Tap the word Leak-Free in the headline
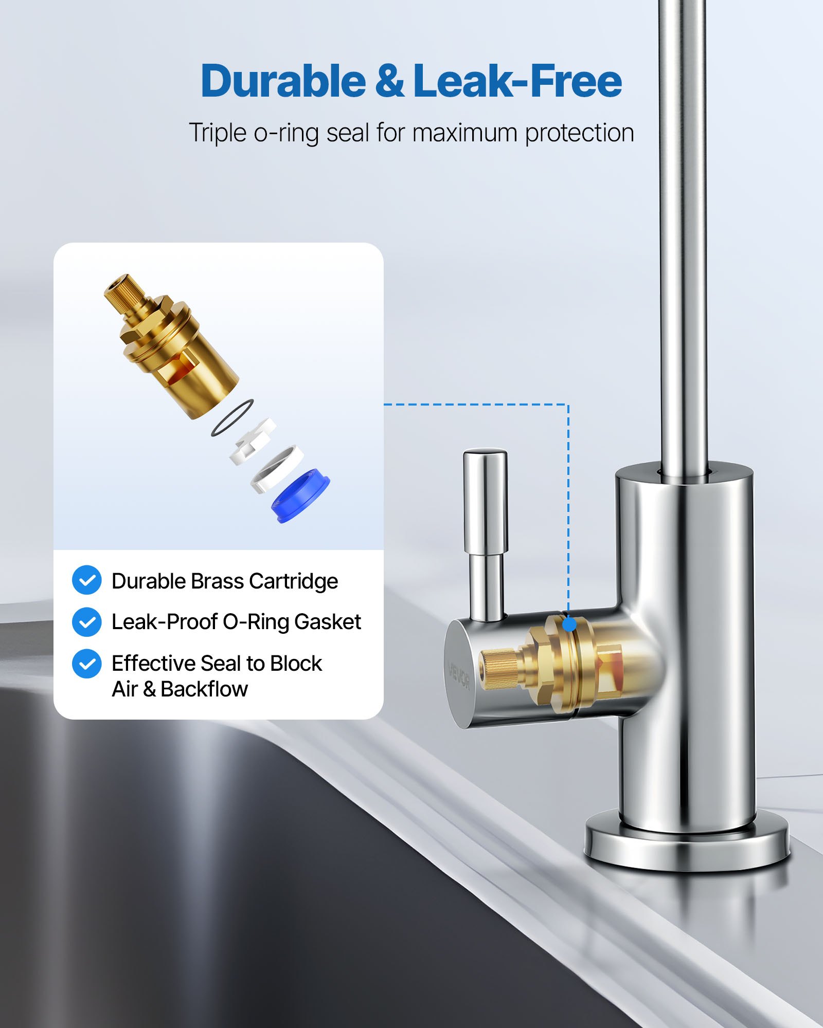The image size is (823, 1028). tap(517, 81)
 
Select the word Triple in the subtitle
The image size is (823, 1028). tap(218, 133)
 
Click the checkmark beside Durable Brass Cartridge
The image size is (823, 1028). tap(86, 580)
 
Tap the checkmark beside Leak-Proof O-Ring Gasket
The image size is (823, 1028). tap(86, 622)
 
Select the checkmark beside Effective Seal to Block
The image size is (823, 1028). tap(86, 664)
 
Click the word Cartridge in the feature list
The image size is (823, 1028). tap(293, 581)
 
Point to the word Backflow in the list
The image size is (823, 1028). tap(204, 689)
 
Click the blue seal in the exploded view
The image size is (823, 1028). tap(300, 495)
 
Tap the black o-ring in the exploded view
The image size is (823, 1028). tap(232, 418)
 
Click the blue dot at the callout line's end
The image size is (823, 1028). tap(569, 625)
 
